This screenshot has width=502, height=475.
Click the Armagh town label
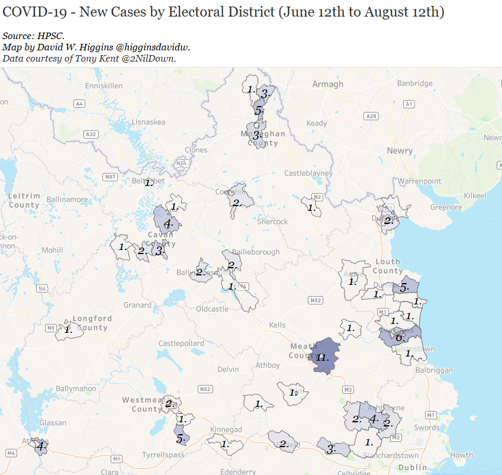pos(327,84)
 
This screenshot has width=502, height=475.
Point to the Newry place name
pos(400,151)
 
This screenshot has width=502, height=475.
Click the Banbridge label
pos(414,84)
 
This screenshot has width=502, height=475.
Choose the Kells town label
pos(276,325)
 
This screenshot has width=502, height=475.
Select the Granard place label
pos(137,305)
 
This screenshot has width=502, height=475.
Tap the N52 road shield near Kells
pos(315,300)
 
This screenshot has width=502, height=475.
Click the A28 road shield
pos(371,116)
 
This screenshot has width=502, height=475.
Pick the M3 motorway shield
pos(347,389)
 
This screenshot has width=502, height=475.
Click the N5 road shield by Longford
pos(51,328)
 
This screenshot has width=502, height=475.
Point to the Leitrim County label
pos(24,200)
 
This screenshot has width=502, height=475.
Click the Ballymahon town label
pos(76,389)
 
